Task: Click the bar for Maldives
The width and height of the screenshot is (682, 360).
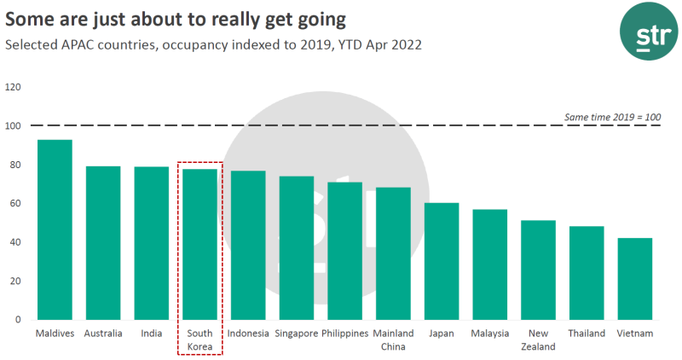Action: [x=55, y=230]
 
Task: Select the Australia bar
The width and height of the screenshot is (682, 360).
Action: [x=103, y=243]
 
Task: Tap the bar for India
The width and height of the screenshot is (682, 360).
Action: [x=152, y=243]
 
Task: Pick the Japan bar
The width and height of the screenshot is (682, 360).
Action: [x=442, y=262]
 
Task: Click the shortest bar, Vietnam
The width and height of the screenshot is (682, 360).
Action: [x=635, y=279]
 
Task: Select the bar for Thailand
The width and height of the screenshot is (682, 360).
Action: [x=587, y=273]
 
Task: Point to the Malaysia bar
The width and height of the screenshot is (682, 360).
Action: [x=490, y=264]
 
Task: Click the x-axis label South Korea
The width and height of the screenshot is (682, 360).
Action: [x=199, y=340]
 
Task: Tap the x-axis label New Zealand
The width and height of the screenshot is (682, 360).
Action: [x=538, y=340]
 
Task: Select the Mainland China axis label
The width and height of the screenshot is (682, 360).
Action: [x=393, y=340]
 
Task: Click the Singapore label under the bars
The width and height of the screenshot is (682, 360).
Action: [x=297, y=334]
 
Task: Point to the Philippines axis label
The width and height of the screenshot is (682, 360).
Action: [x=345, y=334]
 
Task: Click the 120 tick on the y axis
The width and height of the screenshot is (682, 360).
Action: [x=14, y=87]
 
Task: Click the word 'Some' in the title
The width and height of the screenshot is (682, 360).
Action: [x=29, y=16]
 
